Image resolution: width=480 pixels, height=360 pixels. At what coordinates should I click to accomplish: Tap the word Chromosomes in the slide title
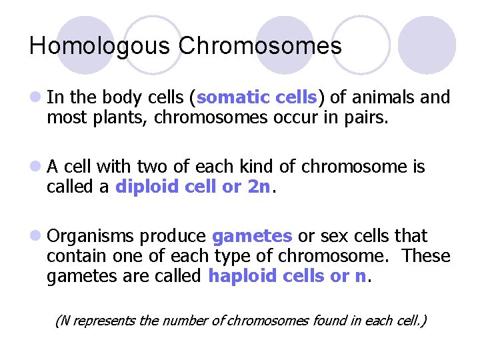[259, 46]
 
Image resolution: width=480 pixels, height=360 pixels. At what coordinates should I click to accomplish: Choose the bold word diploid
[144, 187]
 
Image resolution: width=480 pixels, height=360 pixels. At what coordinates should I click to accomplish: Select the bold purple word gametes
[252, 237]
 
